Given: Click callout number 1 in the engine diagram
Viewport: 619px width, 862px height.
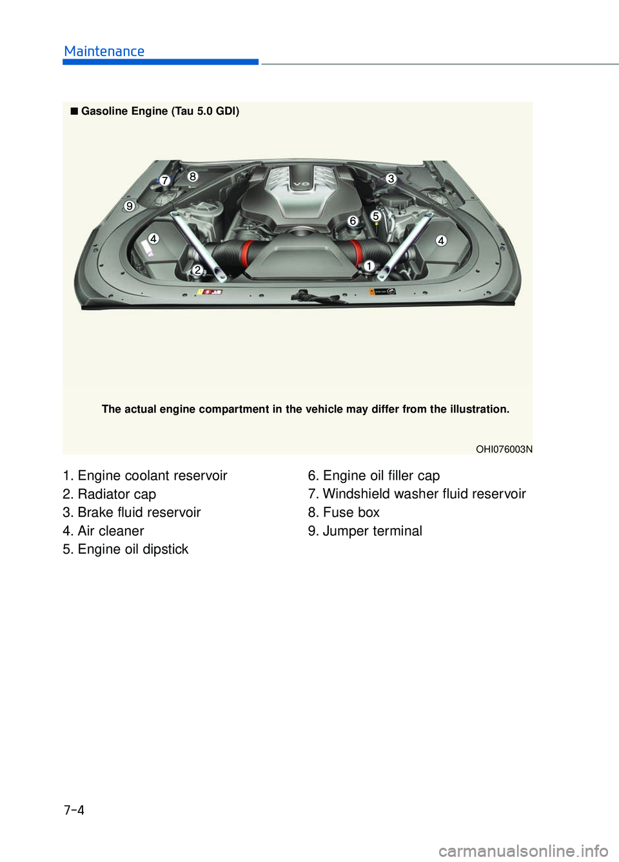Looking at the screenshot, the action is coord(368,266).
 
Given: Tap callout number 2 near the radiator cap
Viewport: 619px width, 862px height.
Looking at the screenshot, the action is coord(197,270).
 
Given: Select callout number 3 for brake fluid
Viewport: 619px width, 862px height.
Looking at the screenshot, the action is coord(391,179).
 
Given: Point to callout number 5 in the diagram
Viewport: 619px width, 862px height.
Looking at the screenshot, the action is coord(376,216).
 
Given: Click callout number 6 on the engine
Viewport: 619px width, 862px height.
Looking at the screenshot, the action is coord(353,221).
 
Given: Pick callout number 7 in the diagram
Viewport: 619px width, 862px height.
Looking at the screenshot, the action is coord(165,181).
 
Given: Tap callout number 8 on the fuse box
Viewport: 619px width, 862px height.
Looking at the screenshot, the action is coord(193,177).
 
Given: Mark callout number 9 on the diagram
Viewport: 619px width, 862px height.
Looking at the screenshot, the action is coord(130,206).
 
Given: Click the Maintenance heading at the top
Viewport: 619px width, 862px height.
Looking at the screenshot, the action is coord(104,51).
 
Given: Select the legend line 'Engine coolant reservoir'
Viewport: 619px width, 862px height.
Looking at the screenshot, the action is coord(145,476).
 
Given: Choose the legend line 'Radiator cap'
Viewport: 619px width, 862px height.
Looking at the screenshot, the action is coord(110,494).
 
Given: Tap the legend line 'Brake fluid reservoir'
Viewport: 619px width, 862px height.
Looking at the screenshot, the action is coord(132,512).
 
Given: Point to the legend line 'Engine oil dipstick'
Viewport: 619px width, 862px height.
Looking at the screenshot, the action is coord(126,549).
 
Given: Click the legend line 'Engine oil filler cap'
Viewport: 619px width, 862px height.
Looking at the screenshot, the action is coord(374,476).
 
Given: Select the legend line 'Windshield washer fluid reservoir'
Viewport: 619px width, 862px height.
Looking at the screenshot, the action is coord(417,494).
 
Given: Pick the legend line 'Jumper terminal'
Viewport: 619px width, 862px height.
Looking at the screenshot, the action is coord(365,531).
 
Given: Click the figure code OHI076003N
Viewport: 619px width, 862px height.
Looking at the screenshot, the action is coord(504,449).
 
